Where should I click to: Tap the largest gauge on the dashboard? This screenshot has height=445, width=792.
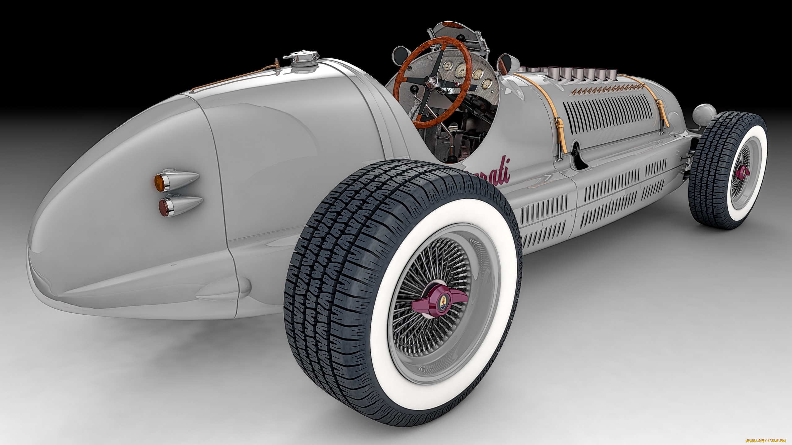(462, 70)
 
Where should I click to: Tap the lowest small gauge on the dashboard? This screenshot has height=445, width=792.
(487, 83)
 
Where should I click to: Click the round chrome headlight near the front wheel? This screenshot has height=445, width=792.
(704, 113)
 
